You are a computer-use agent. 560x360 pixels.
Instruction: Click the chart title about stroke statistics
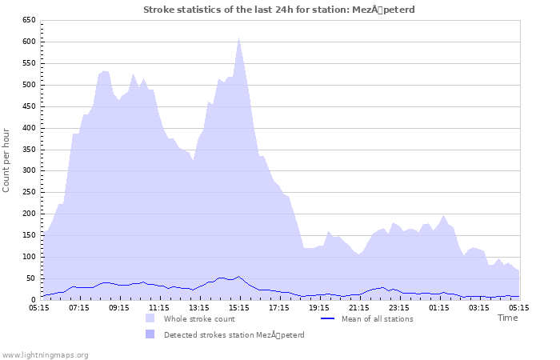[x=278, y=10]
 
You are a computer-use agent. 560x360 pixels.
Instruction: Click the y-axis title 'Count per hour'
[x=7, y=159]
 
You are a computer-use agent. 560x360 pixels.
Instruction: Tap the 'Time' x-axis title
[x=507, y=318]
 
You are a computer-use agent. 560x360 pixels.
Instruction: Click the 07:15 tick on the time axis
[x=79, y=307]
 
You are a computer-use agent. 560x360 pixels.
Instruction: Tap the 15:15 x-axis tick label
[x=239, y=307]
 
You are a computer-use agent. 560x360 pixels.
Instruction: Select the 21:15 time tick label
[x=359, y=307]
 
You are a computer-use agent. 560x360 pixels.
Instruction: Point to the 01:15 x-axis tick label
[x=439, y=307]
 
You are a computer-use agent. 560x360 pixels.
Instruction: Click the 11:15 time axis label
[x=159, y=307]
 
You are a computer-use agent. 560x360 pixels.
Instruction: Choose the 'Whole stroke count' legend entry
[x=199, y=319]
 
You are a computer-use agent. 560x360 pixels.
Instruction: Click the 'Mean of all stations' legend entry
[x=378, y=319]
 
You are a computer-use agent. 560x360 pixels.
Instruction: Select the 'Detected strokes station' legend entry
[x=234, y=334]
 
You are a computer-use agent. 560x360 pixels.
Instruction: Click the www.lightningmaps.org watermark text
[x=45, y=354]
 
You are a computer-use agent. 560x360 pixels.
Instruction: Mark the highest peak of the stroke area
[x=238, y=38]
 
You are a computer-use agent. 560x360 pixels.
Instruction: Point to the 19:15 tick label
[x=319, y=307]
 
